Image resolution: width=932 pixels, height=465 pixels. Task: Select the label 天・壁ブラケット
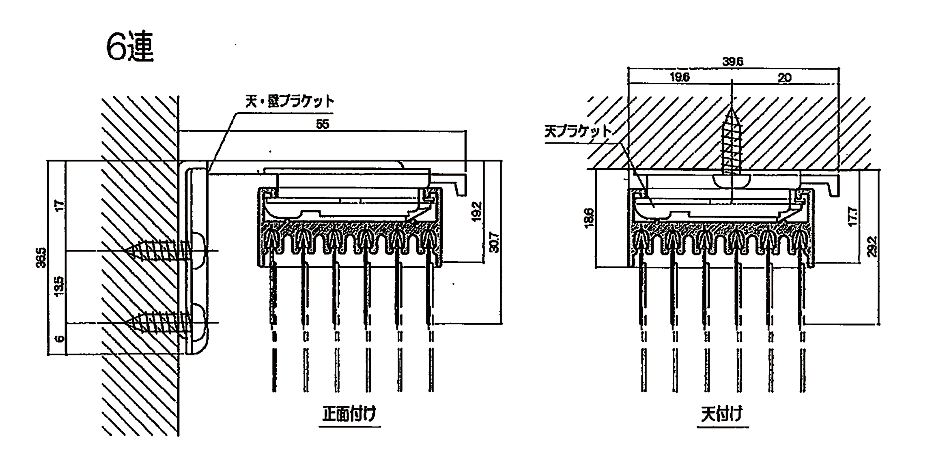pos(289,101)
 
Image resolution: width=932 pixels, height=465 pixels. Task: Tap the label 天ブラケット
pos(577,132)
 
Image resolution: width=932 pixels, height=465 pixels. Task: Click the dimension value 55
pos(322,124)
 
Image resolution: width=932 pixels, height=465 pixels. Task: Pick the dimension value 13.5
pos(59,286)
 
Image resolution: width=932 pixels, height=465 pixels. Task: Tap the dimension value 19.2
pos(477,211)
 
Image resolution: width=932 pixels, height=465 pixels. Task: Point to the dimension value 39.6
pos(732,62)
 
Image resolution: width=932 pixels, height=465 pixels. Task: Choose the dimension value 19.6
pos(680,77)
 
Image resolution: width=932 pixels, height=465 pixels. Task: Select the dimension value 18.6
pos(589,218)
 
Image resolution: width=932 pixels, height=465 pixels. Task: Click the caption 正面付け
pos(349,414)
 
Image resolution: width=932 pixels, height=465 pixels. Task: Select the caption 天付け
pos(722,414)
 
